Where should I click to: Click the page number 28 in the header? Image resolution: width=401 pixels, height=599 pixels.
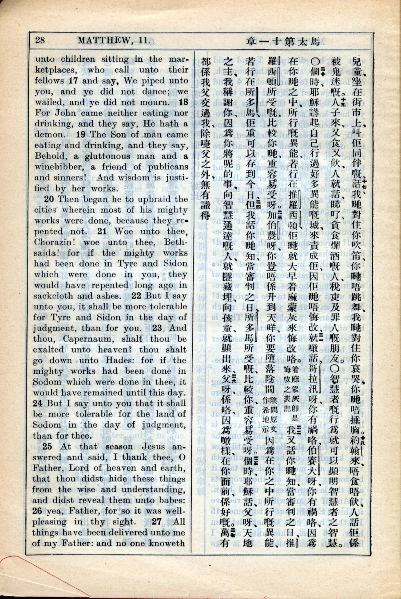pos(40,40)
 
